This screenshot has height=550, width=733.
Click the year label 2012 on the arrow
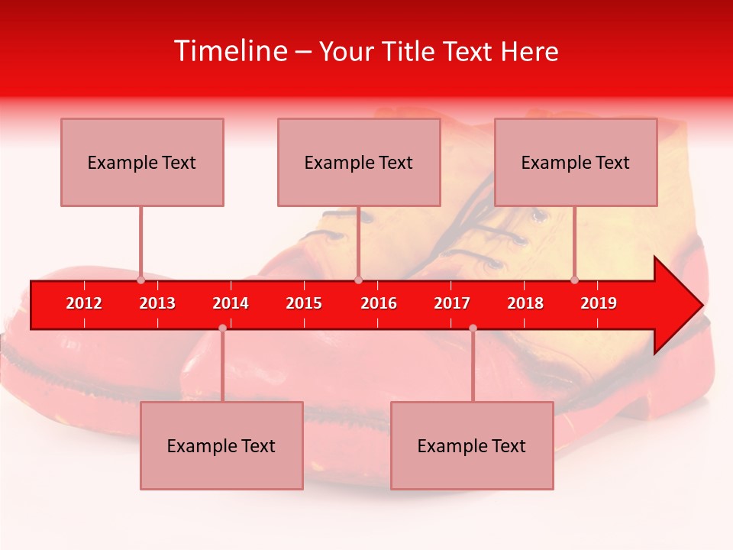coord(84,303)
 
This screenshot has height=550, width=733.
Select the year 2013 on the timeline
coord(157,303)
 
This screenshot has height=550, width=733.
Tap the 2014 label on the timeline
coord(231,303)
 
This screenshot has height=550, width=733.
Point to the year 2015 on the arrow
coord(304,303)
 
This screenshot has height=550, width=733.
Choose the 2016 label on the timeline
coord(379,303)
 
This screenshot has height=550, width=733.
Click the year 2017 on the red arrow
coord(452,303)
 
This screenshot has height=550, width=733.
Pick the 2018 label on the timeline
coord(525,303)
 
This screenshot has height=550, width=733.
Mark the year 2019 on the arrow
coord(599,303)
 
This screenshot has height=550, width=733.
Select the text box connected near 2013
coord(142,162)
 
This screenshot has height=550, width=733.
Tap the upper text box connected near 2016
coord(359,162)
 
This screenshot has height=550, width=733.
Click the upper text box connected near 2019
coord(576,162)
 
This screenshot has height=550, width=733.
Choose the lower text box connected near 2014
coord(221,445)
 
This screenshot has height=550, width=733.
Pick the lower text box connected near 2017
coord(472,445)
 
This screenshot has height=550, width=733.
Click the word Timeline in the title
coord(230,51)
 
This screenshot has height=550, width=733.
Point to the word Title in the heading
coord(412,52)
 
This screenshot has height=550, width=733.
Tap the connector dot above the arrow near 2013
coord(141,280)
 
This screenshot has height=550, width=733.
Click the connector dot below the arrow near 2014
coord(222,328)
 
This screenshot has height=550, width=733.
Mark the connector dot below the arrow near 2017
coord(473,328)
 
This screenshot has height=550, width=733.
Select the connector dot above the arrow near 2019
coord(575,280)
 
